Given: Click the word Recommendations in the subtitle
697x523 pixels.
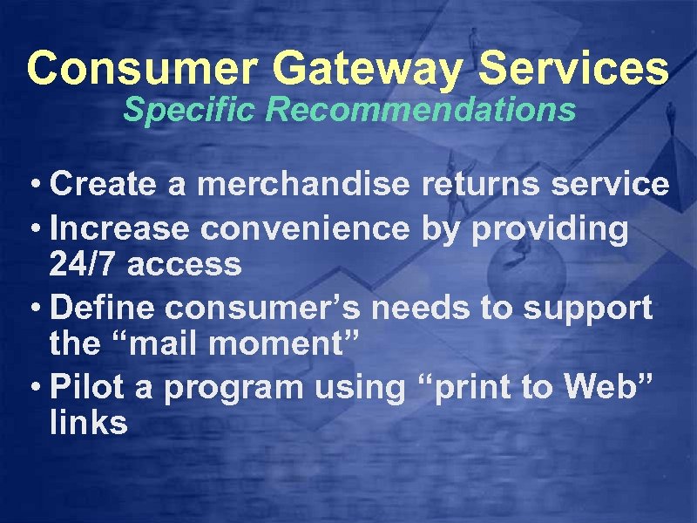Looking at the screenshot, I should pyautogui.click(x=421, y=111).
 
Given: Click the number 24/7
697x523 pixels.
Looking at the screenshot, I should pyautogui.click(x=84, y=265).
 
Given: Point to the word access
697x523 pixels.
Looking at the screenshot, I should pyautogui.click(x=184, y=265).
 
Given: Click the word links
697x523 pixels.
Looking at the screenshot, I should pyautogui.click(x=89, y=424).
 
